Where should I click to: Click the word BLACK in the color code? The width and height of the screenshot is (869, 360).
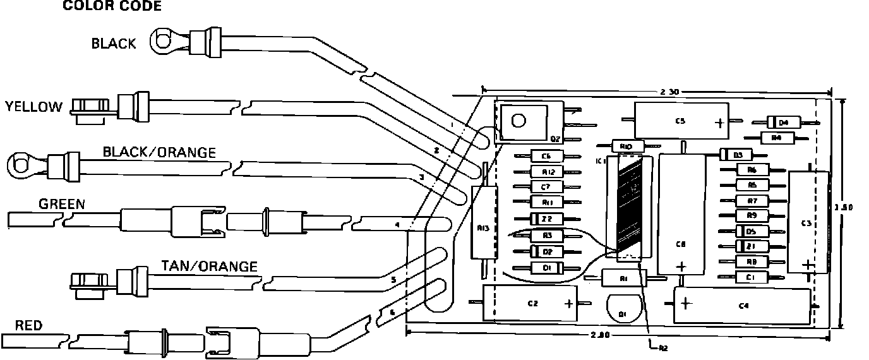pyautogui.click(x=114, y=44)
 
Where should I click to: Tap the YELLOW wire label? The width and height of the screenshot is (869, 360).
pyautogui.click(x=34, y=107)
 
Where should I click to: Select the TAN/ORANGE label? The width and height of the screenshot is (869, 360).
pyautogui.click(x=210, y=267)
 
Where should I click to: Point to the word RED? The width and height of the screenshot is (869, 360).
pyautogui.click(x=28, y=326)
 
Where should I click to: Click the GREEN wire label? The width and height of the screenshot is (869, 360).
pyautogui.click(x=62, y=205)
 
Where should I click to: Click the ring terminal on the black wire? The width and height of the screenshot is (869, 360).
pyautogui.click(x=164, y=42)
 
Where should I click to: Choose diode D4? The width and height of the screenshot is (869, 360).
pyautogui.click(x=783, y=122)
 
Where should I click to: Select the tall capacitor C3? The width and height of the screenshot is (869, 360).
pyautogui.click(x=807, y=222)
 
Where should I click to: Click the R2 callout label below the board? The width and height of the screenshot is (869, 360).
pyautogui.click(x=662, y=347)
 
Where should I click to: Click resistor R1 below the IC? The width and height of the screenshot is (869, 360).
pyautogui.click(x=623, y=278)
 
